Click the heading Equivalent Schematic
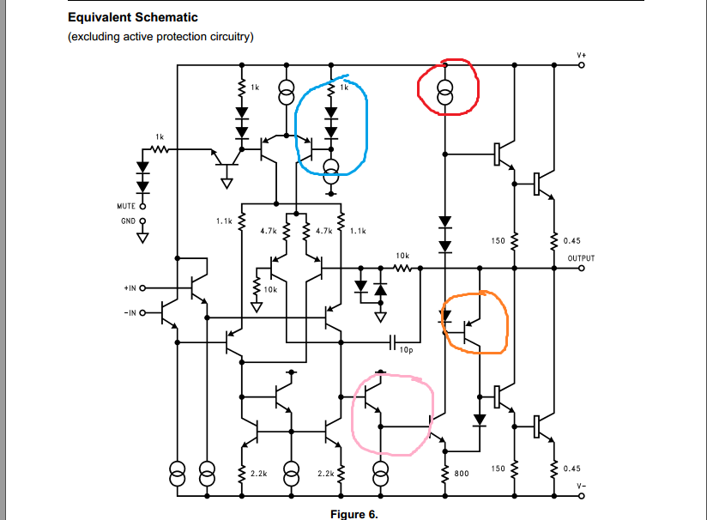coord(132,17)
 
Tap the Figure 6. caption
coord(353,514)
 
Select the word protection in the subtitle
coord(190,36)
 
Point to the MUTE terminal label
coord(126,206)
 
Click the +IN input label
coord(128,288)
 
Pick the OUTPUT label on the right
coord(581,257)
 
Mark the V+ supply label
coord(582,55)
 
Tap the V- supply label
coord(582,486)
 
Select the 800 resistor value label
coord(461,473)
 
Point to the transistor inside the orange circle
coord(468,330)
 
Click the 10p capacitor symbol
coord(392,342)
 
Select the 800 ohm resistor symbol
coord(444,473)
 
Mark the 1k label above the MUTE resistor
coord(160,137)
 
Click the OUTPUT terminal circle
coord(582,267)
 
